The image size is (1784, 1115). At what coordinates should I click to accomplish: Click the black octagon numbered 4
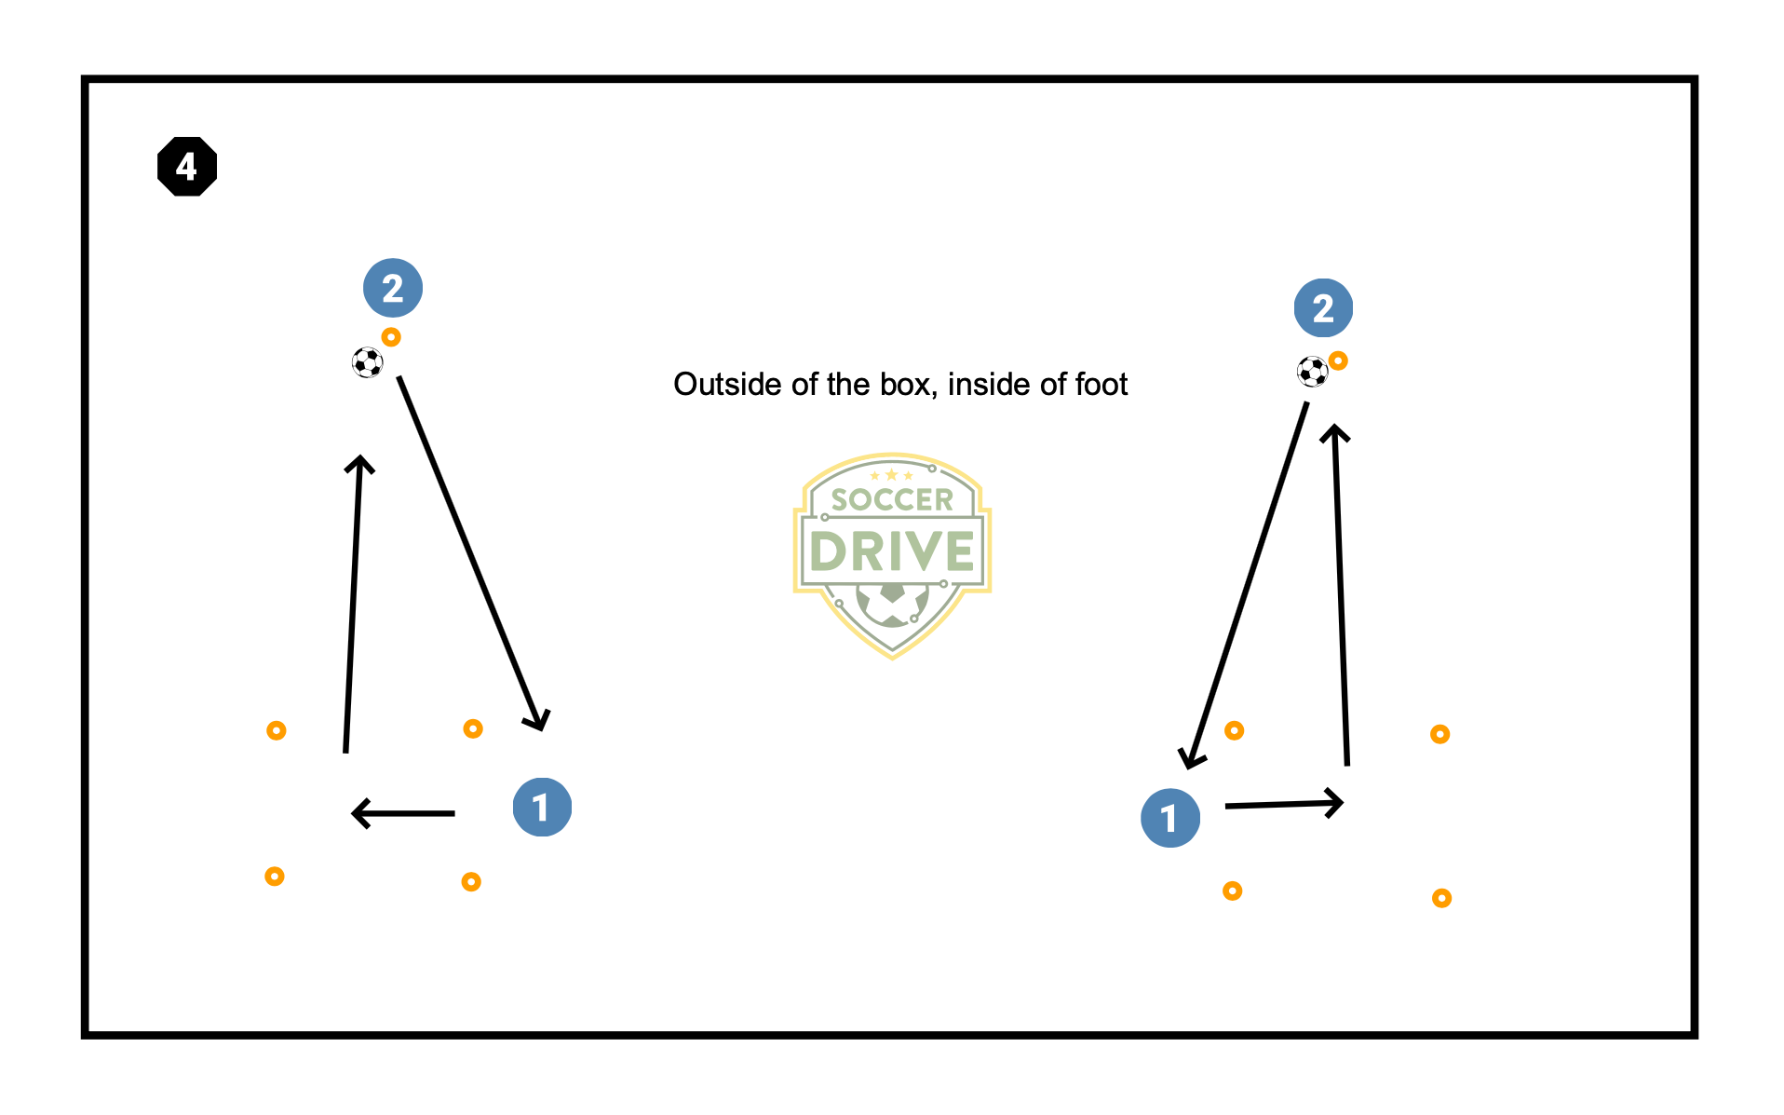tap(187, 167)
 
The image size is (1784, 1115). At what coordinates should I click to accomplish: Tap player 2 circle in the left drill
tap(393, 288)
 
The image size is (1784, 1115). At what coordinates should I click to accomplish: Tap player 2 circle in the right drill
tap(1323, 308)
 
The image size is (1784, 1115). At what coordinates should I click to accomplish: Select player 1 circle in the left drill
tap(542, 807)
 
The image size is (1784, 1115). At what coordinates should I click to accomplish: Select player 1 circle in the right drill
tap(1170, 818)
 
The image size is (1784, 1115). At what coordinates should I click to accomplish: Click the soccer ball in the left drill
tap(368, 362)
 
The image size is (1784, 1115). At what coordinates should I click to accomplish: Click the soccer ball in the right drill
tap(1313, 372)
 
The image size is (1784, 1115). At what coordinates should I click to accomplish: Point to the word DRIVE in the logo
tap(892, 551)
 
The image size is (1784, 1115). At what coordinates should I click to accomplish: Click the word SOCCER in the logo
tap(892, 500)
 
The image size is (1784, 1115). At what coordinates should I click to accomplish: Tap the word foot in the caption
tap(1101, 385)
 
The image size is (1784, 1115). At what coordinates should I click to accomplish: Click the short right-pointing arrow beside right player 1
tap(1285, 804)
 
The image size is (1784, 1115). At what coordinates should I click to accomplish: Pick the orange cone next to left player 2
tap(391, 337)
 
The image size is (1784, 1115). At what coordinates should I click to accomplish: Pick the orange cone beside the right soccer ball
tap(1338, 360)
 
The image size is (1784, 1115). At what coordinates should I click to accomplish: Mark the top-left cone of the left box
tap(277, 730)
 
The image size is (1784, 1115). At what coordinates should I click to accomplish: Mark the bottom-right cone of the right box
tap(1441, 898)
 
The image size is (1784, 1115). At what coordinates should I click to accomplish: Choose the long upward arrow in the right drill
tap(1342, 596)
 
